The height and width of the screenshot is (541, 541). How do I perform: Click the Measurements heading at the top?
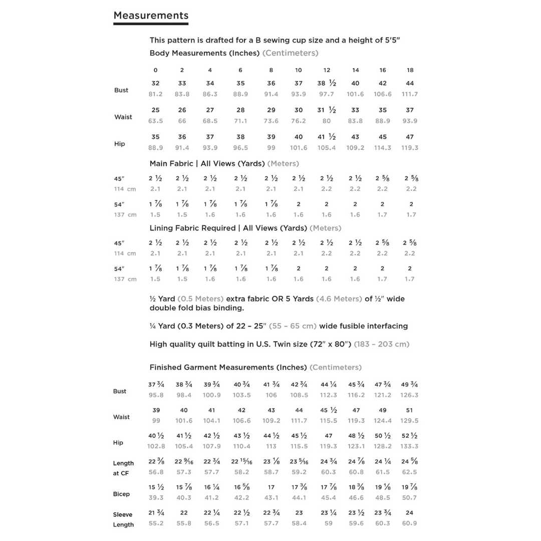151,16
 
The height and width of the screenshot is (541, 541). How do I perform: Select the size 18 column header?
410,70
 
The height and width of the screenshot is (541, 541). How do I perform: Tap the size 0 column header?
156,70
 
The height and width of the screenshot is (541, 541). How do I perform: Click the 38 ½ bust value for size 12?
326,83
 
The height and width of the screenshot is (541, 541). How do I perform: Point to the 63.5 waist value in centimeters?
156,121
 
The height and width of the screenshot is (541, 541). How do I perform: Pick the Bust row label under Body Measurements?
121,90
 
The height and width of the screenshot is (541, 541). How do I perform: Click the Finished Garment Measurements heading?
228,367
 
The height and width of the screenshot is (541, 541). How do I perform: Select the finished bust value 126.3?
409,395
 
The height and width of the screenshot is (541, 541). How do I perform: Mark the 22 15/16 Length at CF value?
241,461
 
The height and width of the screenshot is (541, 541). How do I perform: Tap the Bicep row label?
121,494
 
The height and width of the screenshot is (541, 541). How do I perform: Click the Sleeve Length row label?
123,519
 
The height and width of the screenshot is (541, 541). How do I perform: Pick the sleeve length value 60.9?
409,523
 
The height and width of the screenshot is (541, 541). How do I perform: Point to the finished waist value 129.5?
409,421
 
